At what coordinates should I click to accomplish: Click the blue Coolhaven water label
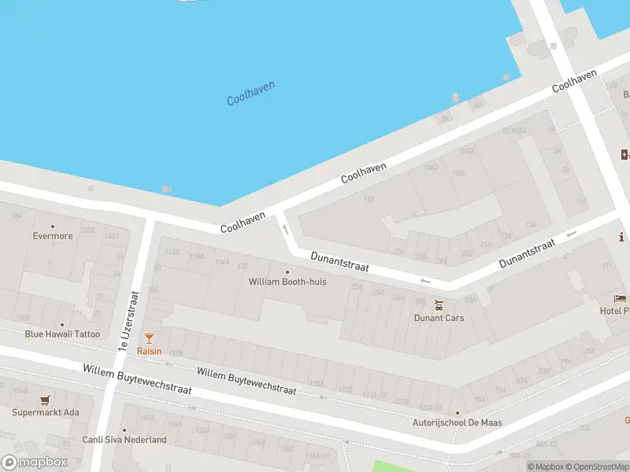pyautogui.click(x=250, y=93)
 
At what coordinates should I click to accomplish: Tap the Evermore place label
pyautogui.click(x=53, y=236)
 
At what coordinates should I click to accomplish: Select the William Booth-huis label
pyautogui.click(x=287, y=282)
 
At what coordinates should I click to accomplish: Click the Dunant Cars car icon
pyautogui.click(x=439, y=304)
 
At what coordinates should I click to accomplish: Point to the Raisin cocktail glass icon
pyautogui.click(x=149, y=338)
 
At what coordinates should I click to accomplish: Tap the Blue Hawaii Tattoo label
pyautogui.click(x=62, y=334)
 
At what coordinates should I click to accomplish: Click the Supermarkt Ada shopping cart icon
pyautogui.click(x=46, y=400)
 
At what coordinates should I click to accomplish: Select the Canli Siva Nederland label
pyautogui.click(x=124, y=440)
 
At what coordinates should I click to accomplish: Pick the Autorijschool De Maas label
pyautogui.click(x=458, y=422)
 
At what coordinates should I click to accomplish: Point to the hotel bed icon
pyautogui.click(x=621, y=299)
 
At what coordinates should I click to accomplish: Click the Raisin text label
pyautogui.click(x=149, y=351)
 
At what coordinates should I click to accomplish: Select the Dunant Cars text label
pyautogui.click(x=439, y=318)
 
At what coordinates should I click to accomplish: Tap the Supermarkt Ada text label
pyautogui.click(x=46, y=412)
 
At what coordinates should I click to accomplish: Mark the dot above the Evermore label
pyautogui.click(x=53, y=226)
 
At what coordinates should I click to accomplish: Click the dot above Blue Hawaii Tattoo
pyautogui.click(x=62, y=323)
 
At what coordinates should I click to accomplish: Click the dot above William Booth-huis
pyautogui.click(x=287, y=271)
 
